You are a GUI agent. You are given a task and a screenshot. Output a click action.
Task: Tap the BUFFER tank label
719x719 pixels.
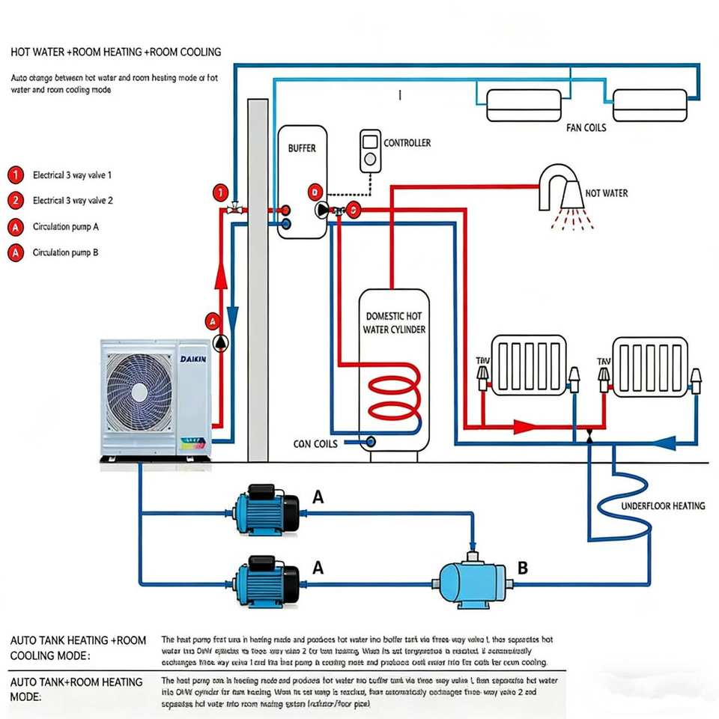point(302,148)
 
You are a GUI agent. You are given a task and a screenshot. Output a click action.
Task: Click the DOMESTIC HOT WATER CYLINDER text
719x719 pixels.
point(394,323)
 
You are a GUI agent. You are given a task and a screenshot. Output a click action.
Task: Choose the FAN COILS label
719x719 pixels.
point(586,128)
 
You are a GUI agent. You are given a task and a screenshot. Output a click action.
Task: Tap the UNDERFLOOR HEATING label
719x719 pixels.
point(663,506)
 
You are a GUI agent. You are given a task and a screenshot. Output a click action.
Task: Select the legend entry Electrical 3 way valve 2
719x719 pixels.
point(73,201)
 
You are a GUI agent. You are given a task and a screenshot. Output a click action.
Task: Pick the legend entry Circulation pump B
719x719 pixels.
point(65,252)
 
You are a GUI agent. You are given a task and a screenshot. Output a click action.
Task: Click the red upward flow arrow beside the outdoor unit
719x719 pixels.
point(221,279)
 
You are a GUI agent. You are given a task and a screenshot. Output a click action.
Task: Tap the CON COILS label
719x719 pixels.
point(315,444)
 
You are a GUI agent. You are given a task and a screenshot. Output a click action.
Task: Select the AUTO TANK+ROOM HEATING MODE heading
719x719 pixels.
point(76,689)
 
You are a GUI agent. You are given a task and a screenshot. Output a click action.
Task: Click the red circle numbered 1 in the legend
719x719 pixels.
point(15,175)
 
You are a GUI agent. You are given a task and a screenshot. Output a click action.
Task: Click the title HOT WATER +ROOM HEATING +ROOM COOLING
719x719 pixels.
point(116,52)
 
